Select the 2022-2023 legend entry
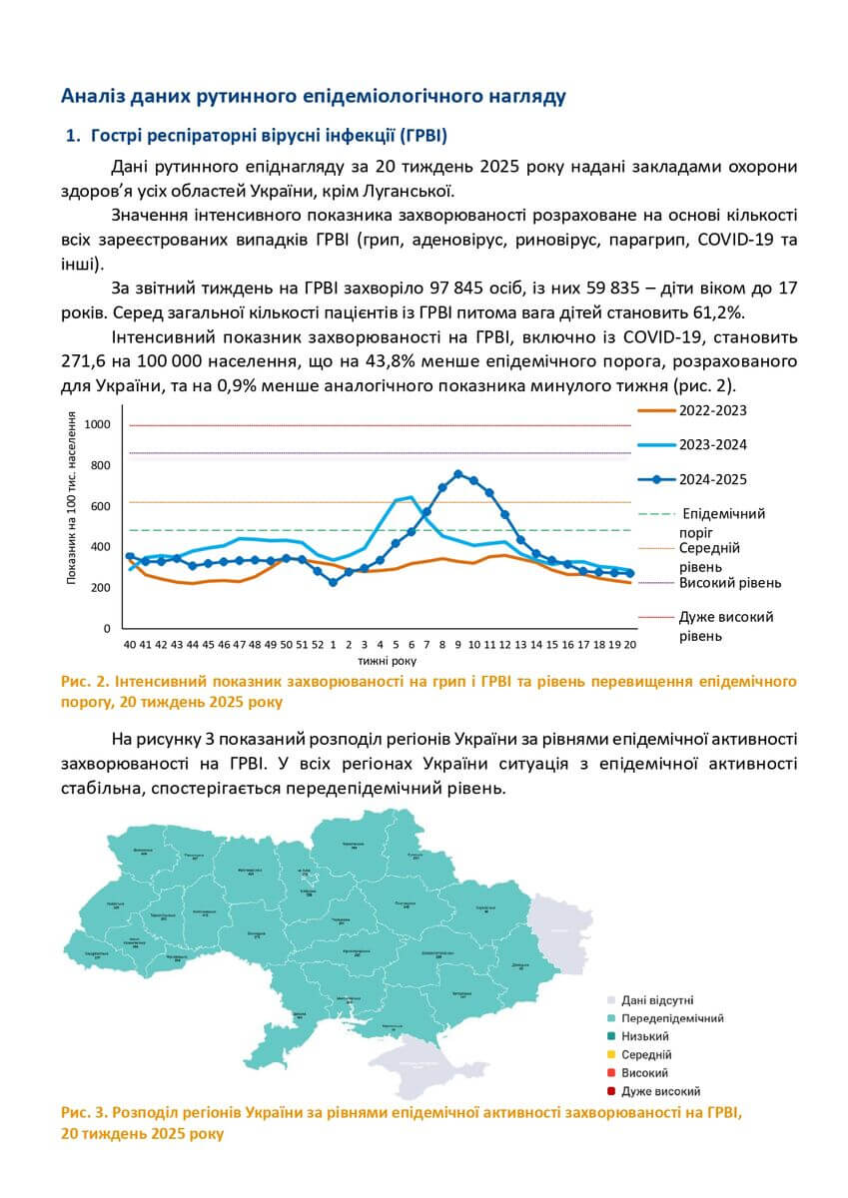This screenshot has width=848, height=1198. pos(713,410)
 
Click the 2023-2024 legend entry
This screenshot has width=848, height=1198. pos(713,444)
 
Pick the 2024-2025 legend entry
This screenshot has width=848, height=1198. pos(713,479)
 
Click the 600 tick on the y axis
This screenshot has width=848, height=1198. pos(100,506)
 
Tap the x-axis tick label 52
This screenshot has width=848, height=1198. pos(318,645)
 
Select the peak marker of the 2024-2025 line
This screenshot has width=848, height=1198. pos(458,474)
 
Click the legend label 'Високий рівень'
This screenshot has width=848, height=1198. pos(730,583)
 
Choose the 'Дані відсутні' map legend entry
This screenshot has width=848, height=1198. pos(656,999)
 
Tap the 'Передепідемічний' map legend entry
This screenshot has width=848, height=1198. pos(671,1018)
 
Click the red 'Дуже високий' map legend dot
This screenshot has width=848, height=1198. pos(609,1091)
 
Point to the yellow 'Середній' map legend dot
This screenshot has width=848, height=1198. pos(609,1054)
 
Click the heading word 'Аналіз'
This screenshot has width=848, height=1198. pos(91,97)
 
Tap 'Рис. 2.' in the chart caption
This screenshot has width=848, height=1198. pos(85,682)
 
